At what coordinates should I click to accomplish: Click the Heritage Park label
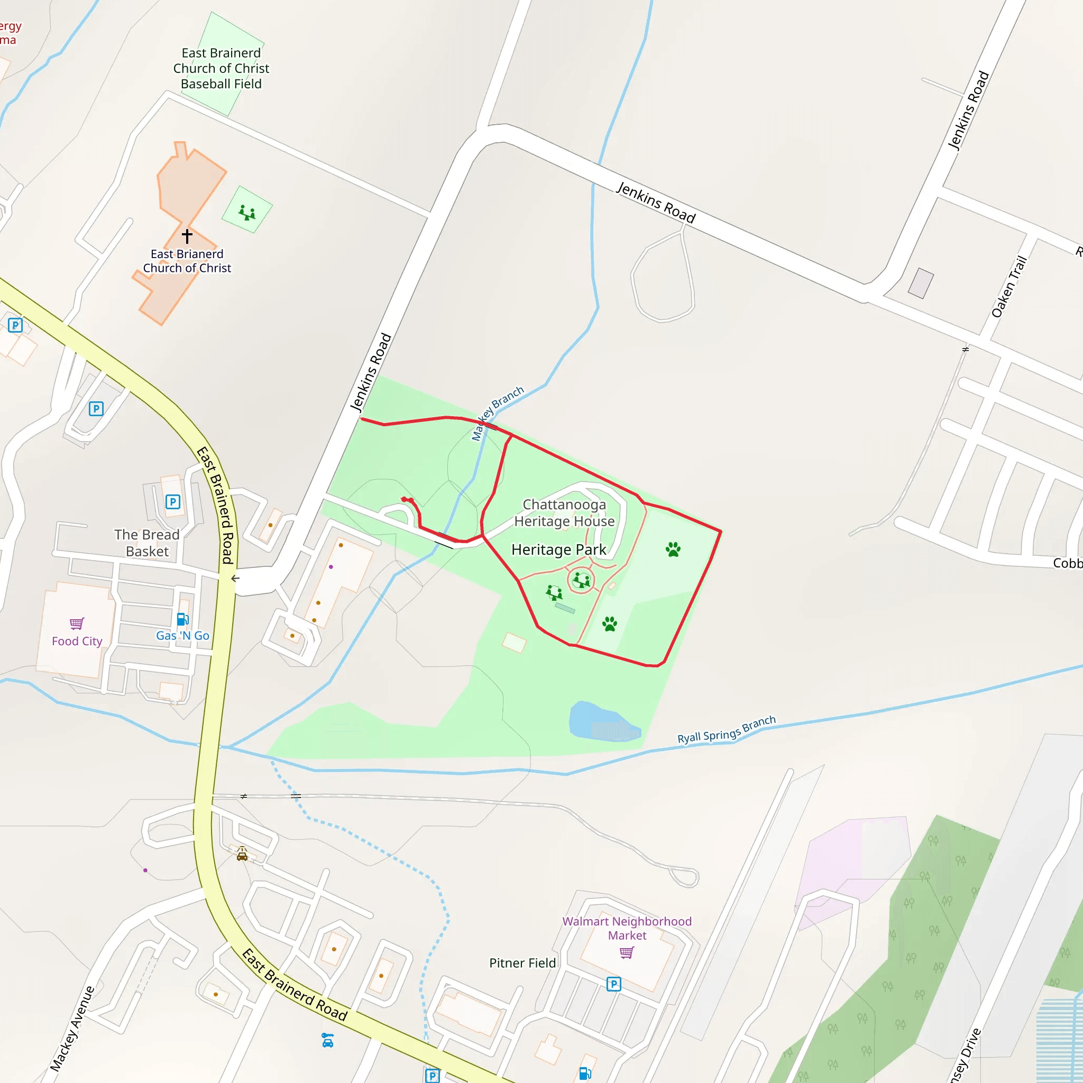pos(559,549)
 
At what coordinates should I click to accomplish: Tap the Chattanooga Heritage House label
pos(564,513)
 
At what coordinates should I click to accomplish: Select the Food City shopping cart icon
pos(77,623)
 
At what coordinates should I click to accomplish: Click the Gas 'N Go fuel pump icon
pos(182,619)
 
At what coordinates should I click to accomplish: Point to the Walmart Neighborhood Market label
pos(627,928)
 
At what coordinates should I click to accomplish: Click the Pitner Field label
pos(522,963)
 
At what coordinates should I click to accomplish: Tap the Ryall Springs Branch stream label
pos(727,730)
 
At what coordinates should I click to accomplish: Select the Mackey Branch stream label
pos(497,412)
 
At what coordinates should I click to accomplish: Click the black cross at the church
pos(187,236)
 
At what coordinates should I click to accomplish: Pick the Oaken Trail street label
pos(1008,287)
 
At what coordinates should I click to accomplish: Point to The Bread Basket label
pos(147,543)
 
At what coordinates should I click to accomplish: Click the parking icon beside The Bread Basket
pos(172,502)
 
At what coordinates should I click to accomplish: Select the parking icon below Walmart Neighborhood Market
pos(614,984)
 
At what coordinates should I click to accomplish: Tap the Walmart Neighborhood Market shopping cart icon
pos(627,952)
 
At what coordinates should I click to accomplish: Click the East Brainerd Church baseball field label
pos(221,68)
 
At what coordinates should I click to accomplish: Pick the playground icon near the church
pos(247,213)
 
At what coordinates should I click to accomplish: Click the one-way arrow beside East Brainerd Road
pos(235,579)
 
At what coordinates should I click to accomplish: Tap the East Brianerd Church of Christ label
pos(187,261)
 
